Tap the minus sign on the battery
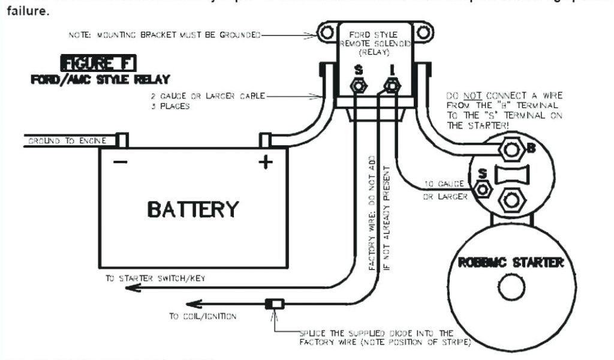(120, 163)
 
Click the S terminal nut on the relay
(359, 87)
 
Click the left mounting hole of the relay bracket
(326, 32)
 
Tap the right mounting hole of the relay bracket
(424, 32)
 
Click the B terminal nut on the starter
(511, 149)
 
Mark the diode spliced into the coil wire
(275, 304)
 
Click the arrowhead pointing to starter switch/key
(133, 289)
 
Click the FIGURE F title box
(100, 63)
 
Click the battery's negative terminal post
(122, 140)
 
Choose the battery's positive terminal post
(266, 140)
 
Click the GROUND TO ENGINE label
(66, 141)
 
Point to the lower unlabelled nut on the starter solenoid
(512, 199)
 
